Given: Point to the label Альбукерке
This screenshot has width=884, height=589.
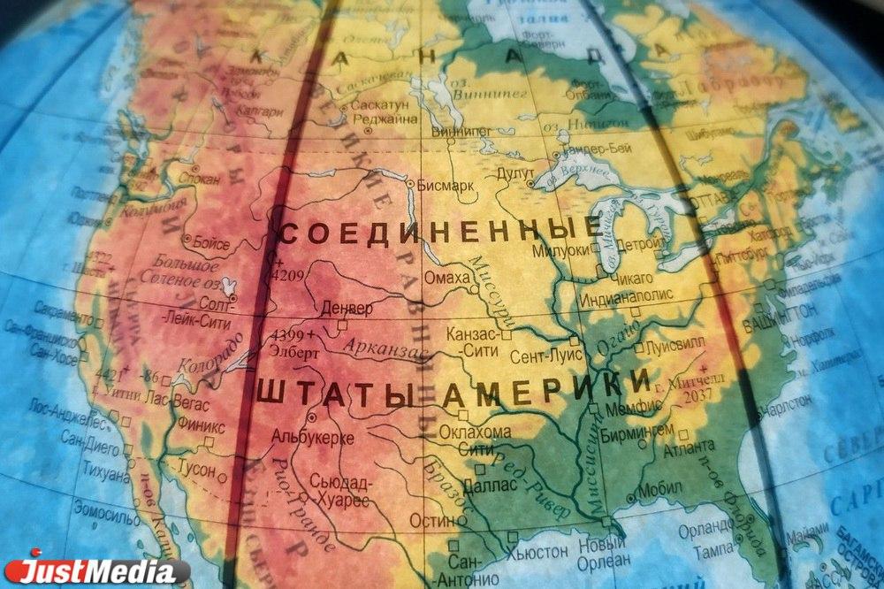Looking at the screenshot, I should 313,436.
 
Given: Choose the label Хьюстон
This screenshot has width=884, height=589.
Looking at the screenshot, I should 537,551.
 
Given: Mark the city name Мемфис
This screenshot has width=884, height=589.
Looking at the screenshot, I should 630,409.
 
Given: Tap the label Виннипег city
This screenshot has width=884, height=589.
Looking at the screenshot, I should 461,131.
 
